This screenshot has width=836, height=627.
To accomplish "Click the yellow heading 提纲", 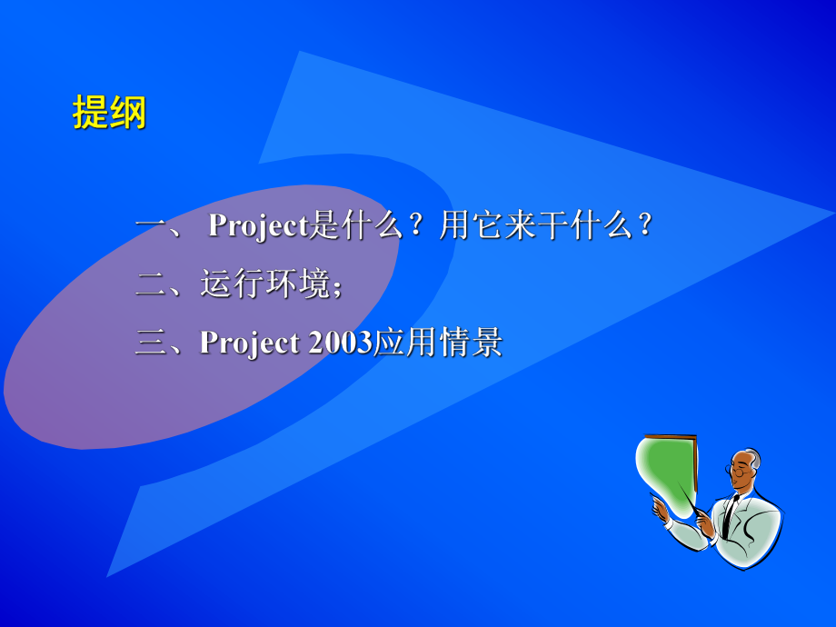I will click(x=109, y=114).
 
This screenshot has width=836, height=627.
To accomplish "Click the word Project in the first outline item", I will click(x=259, y=226).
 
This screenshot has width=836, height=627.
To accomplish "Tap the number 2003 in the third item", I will click(x=341, y=343).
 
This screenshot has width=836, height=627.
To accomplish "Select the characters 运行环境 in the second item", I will click(x=264, y=285).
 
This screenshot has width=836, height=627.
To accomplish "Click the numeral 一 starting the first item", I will click(x=149, y=226).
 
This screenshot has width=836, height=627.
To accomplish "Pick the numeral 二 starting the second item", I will click(x=149, y=285).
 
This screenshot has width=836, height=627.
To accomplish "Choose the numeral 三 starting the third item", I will click(x=149, y=343).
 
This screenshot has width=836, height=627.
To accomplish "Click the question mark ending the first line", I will click(x=644, y=226).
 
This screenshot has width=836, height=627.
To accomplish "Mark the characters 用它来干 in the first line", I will click(x=503, y=226).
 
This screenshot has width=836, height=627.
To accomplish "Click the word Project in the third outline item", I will click(x=250, y=343).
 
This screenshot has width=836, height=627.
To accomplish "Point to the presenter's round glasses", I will click(x=741, y=471).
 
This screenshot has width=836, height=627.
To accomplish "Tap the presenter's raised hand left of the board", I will click(x=661, y=510).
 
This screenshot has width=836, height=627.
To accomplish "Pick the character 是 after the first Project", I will click(x=323, y=226).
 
